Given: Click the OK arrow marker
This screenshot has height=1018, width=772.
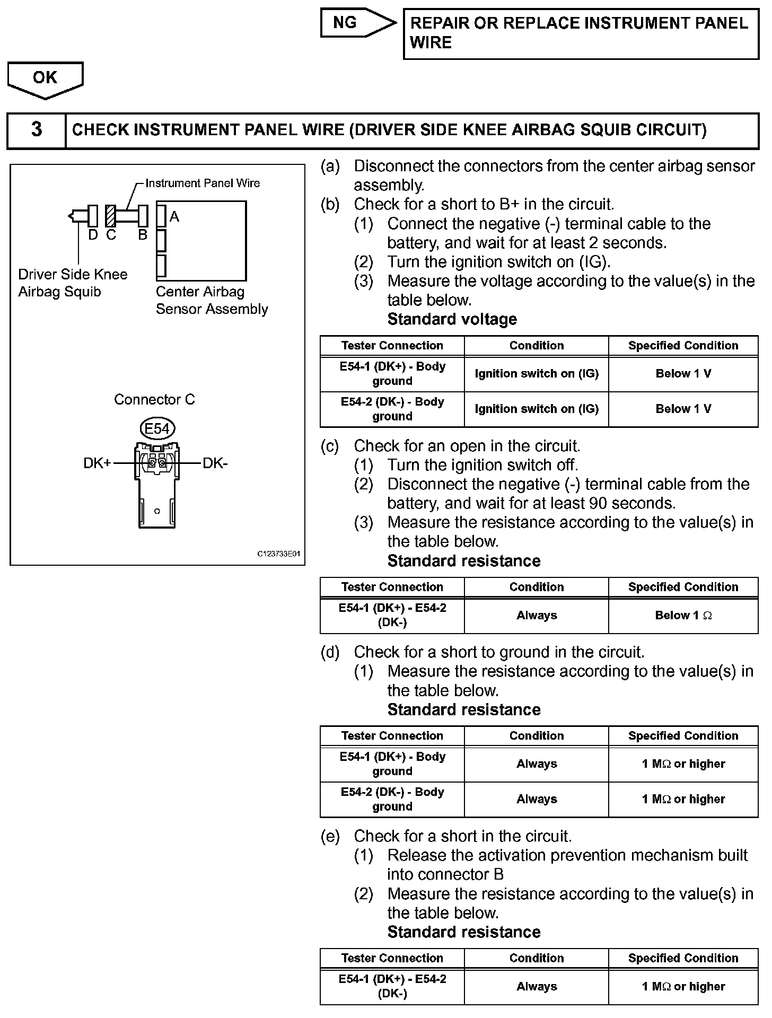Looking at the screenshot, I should click(45, 79).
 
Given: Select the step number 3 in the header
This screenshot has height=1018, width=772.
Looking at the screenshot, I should click(37, 130).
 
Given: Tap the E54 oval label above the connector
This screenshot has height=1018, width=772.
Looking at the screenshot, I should click(157, 428).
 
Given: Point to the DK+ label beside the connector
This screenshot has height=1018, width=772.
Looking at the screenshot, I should click(97, 463).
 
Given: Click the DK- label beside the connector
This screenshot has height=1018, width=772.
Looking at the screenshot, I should click(215, 463).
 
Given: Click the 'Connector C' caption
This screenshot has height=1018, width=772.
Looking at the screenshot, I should click(154, 399).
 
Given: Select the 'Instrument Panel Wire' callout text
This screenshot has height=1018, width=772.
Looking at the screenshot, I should click(203, 183).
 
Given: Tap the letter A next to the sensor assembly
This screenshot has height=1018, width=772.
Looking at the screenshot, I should click(174, 216).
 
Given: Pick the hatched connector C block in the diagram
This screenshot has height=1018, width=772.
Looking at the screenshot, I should click(110, 216).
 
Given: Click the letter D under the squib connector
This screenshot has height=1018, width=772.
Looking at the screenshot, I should click(93, 235).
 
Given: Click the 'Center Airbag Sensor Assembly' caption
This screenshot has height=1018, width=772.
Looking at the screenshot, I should click(211, 300).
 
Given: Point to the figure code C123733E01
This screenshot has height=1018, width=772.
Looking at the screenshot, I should click(279, 554).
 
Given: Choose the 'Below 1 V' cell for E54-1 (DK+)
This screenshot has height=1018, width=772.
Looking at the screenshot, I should click(683, 374).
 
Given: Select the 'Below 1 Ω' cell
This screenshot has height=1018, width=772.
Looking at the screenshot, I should click(683, 616).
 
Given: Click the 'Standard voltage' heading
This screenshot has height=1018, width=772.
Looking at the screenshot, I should click(452, 319).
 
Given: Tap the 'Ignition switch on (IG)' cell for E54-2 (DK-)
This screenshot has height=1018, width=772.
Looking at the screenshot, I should click(536, 409).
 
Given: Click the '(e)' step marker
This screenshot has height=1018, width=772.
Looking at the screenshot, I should click(330, 836).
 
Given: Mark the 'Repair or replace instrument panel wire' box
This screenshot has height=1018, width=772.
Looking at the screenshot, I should click(581, 33).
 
